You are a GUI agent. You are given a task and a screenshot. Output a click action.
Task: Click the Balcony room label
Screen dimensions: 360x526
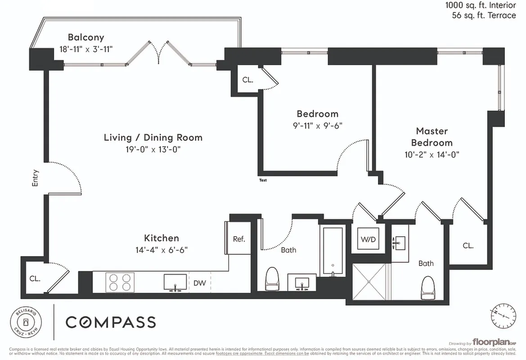click(x=86, y=37)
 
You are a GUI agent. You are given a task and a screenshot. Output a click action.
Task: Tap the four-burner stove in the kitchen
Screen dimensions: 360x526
click(x=120, y=282)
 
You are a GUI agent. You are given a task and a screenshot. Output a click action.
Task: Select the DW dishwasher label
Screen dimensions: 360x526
click(x=199, y=283)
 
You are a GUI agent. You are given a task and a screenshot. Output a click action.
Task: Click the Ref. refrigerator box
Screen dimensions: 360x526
click(x=239, y=239)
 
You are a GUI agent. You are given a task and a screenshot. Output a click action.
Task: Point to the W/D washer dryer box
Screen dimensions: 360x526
click(x=368, y=239)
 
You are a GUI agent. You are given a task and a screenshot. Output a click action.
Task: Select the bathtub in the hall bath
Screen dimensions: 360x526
click(x=332, y=251)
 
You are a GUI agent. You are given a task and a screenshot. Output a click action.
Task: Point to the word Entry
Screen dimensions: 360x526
click(x=36, y=178)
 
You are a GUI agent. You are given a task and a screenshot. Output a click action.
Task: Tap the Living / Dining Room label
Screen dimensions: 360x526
click(x=153, y=137)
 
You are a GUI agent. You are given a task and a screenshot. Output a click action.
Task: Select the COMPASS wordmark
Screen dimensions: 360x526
click(x=111, y=322)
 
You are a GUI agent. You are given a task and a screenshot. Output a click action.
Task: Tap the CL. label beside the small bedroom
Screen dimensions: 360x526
click(x=247, y=80)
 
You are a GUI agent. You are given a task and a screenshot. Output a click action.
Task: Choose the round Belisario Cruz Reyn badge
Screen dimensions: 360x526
click(x=26, y=322)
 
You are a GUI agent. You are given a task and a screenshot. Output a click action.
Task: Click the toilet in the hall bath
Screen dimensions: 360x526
click(x=273, y=279)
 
